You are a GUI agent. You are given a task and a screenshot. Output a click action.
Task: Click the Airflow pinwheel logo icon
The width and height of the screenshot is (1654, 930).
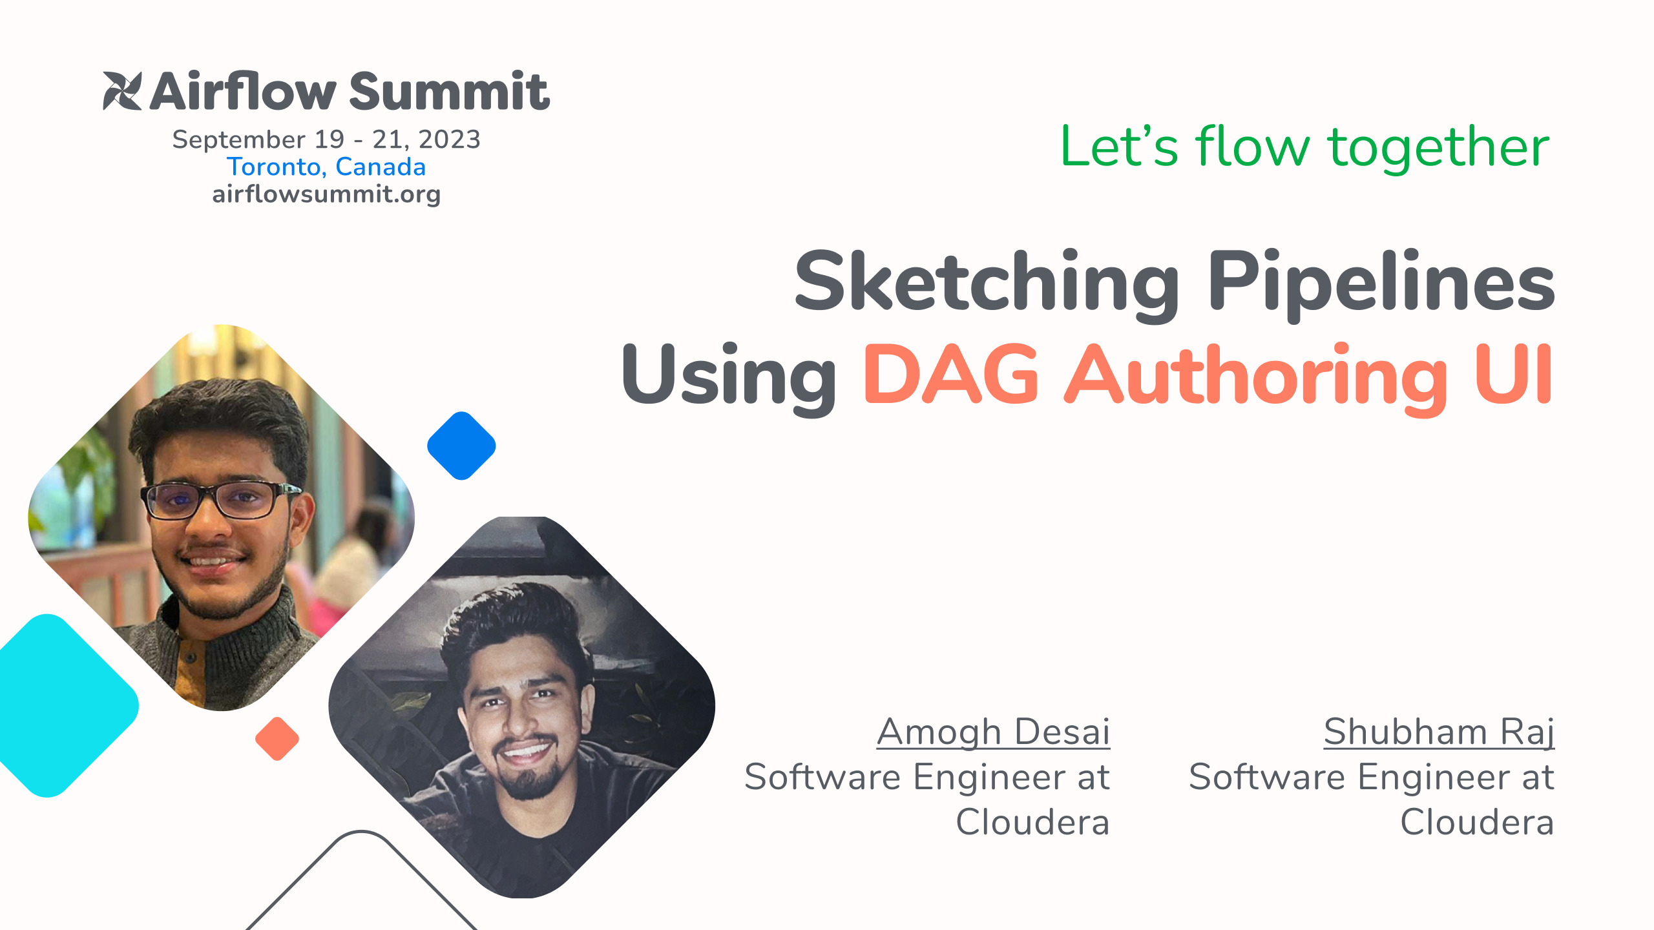point(122,91)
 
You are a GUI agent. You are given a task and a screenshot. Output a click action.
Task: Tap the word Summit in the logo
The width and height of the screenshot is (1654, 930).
point(449,92)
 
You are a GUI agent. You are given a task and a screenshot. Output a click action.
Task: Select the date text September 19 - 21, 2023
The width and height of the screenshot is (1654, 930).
point(326,139)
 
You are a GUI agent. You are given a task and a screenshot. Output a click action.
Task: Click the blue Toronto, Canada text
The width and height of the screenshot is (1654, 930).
point(326,167)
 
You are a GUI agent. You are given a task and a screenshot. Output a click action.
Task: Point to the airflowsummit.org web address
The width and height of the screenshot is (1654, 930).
point(326,194)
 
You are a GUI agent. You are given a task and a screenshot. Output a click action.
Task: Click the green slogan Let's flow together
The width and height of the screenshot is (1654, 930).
point(1304,147)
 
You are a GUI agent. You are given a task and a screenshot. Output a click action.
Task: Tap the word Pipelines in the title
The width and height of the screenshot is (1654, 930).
point(1381,284)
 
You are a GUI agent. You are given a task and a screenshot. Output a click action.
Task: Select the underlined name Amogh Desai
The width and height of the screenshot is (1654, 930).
point(993,732)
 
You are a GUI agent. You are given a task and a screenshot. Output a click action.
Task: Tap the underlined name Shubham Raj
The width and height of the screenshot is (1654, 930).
point(1439,732)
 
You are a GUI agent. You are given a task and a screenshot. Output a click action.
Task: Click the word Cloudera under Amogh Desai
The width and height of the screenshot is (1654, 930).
point(1032,823)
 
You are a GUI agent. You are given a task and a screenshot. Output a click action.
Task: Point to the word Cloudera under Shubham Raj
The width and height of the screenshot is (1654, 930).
point(1477,823)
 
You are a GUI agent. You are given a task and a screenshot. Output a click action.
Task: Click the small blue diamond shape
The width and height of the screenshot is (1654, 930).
point(461,446)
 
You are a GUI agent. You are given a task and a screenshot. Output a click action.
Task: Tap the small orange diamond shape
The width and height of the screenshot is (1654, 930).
point(277,739)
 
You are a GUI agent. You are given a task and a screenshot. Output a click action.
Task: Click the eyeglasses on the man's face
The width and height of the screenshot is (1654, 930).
point(220,500)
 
